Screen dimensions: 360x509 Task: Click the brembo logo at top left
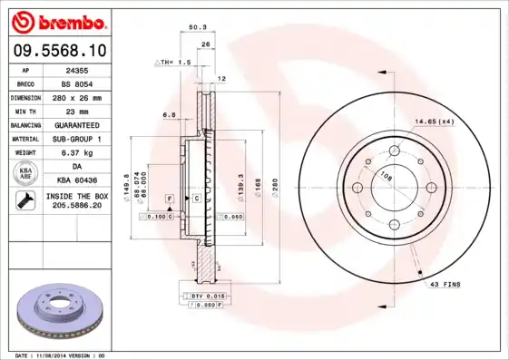[x=60, y=20]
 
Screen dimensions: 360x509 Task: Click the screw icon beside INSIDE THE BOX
[x=25, y=200]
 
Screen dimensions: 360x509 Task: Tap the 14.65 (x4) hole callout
[x=435, y=121]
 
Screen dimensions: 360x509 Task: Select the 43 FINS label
[x=445, y=284]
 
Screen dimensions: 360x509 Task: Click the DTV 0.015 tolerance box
[x=207, y=297]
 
